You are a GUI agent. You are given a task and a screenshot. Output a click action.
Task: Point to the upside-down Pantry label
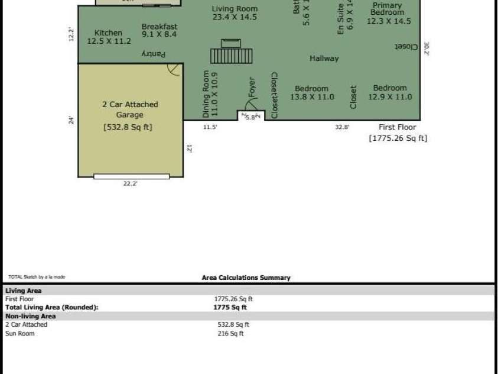click(x=153, y=54)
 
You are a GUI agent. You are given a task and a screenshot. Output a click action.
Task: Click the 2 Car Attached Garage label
click(x=129, y=109)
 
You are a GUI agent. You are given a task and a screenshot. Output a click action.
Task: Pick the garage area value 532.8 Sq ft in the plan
click(x=128, y=127)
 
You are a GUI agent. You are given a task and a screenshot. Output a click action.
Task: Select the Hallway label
click(x=324, y=58)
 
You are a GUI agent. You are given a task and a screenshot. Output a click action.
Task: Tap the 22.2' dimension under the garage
click(x=130, y=184)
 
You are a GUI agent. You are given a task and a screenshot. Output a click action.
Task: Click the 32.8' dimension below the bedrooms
click(x=342, y=127)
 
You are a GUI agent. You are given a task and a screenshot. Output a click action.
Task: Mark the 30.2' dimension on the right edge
click(x=427, y=49)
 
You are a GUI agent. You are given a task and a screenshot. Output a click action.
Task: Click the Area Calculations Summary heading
click(x=246, y=278)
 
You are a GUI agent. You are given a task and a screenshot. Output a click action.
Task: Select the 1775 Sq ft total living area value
click(x=230, y=307)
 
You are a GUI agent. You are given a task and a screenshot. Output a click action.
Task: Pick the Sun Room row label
click(x=20, y=333)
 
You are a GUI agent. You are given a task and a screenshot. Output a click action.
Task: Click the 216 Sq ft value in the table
click(x=230, y=333)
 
